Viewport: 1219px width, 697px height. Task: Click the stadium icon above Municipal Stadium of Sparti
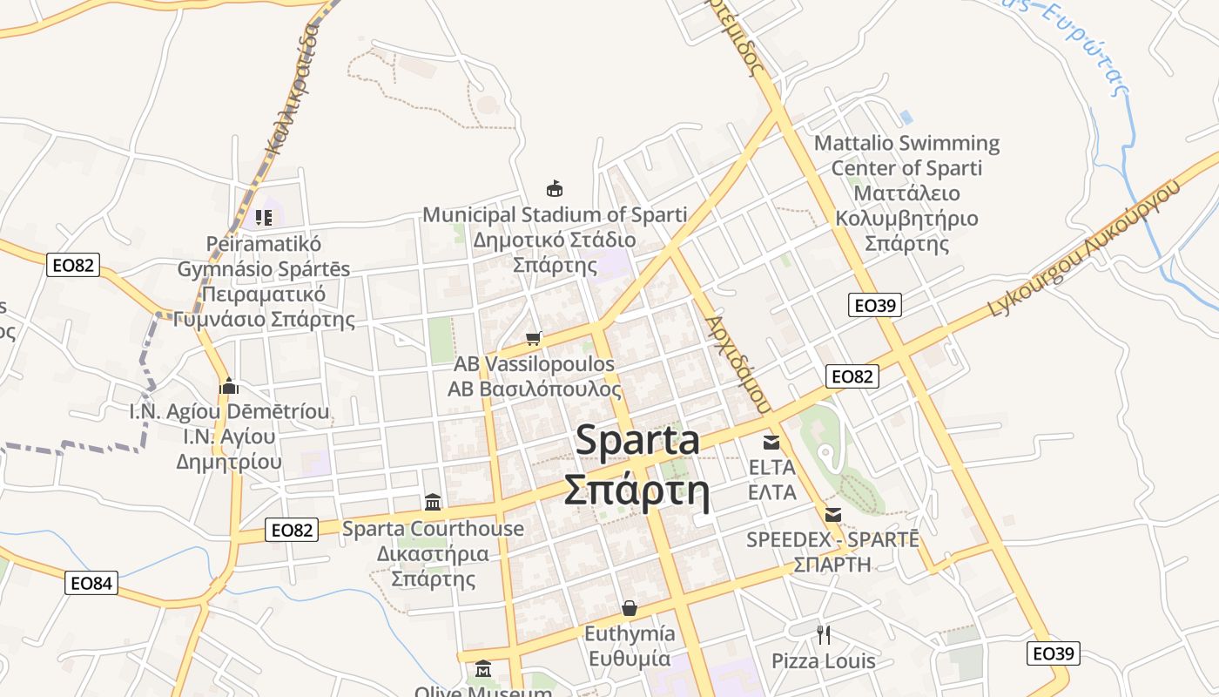(554, 187)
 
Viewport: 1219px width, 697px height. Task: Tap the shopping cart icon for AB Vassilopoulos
(534, 338)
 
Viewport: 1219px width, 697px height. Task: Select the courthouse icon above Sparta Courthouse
(433, 502)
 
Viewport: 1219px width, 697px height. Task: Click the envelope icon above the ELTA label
(771, 442)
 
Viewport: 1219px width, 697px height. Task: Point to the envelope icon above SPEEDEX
(833, 514)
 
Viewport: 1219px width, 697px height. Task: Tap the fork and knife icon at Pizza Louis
(824, 634)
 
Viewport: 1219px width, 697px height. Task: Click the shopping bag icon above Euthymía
(629, 607)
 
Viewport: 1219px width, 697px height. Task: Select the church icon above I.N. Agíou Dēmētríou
(229, 385)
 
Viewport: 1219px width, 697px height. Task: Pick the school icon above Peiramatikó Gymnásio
(264, 217)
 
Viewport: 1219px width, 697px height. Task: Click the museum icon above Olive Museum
(483, 669)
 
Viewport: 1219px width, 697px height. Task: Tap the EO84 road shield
(91, 583)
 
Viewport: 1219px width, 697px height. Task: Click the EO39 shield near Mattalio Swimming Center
(875, 305)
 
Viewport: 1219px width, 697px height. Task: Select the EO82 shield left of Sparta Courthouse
(292, 529)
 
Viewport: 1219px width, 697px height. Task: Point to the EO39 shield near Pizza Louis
(1054, 653)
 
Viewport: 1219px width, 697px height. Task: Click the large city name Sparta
(637, 441)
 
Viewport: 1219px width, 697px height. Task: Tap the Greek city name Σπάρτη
(636, 491)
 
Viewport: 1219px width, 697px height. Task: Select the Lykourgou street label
(1084, 248)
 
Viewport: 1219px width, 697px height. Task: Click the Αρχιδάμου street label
(738, 363)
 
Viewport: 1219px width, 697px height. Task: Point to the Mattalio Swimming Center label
(906, 155)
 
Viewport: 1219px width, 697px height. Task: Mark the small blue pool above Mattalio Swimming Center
(906, 117)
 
